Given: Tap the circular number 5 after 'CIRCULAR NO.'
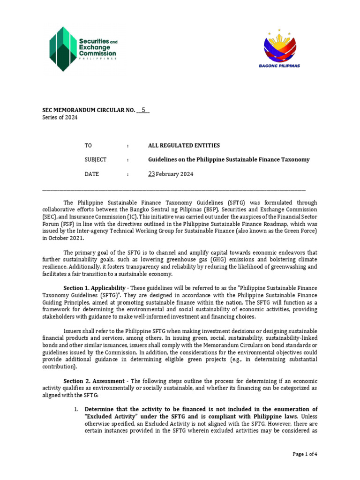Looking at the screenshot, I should click(143, 110).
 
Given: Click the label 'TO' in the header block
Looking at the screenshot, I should click(88, 146).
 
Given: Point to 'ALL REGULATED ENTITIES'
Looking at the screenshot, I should click(184, 146).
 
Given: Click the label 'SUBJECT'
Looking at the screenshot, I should click(96, 160).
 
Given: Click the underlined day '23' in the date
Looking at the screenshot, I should click(151, 174).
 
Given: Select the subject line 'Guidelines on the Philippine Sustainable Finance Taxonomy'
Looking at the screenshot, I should click(229, 160).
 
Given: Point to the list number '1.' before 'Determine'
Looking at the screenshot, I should click(76, 409).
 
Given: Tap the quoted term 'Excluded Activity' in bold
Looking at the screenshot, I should click(112, 417).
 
